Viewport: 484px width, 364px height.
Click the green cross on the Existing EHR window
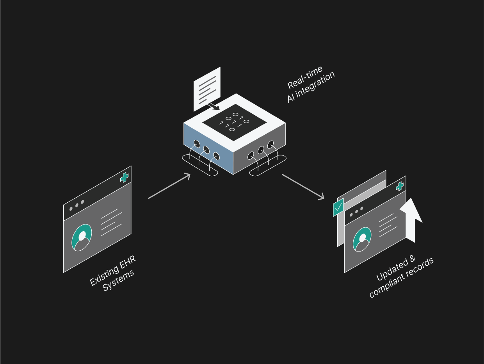[x=124, y=178]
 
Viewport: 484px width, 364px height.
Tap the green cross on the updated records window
[x=399, y=187]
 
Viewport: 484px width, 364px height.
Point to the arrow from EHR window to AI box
[x=169, y=186]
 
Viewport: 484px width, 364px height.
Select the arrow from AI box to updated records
[x=303, y=187]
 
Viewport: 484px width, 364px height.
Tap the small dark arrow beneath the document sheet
[x=214, y=106]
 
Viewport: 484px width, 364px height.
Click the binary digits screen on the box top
[x=234, y=122]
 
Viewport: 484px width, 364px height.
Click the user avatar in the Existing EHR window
[x=82, y=237]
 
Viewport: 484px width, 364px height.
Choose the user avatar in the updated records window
[x=362, y=239]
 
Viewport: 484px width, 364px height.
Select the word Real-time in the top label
[x=305, y=77]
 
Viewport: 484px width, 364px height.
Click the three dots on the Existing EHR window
[x=77, y=205]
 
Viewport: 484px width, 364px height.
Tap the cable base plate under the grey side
[x=268, y=166]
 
